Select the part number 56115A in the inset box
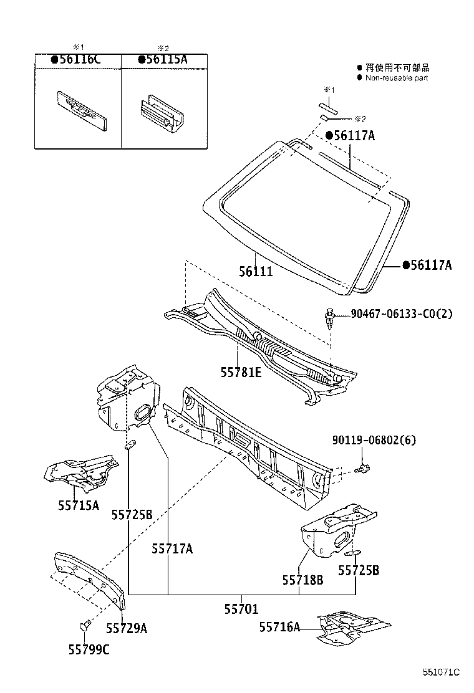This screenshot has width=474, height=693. (x=163, y=60)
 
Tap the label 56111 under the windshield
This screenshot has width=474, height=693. (x=256, y=272)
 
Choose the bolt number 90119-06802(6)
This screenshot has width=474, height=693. (x=373, y=441)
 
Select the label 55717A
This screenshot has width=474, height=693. (x=172, y=548)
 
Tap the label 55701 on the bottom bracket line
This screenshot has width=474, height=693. (x=241, y=609)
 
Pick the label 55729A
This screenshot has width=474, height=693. (x=126, y=628)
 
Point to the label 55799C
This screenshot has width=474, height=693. (x=89, y=649)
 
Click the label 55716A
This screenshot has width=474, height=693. (x=279, y=627)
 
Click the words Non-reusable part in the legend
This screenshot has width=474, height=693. (x=397, y=78)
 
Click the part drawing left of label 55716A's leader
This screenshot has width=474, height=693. (x=352, y=626)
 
